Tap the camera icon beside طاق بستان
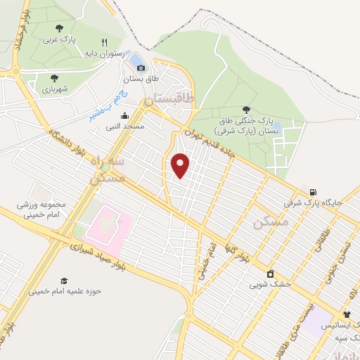coord(141,67)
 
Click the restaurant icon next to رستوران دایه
coord(104,42)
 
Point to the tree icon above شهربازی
coord(54,78)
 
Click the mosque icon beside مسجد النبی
coord(125,117)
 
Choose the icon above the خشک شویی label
coord(270,274)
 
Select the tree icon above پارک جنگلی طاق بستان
coord(245,109)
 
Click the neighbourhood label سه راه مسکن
coord(108,170)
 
